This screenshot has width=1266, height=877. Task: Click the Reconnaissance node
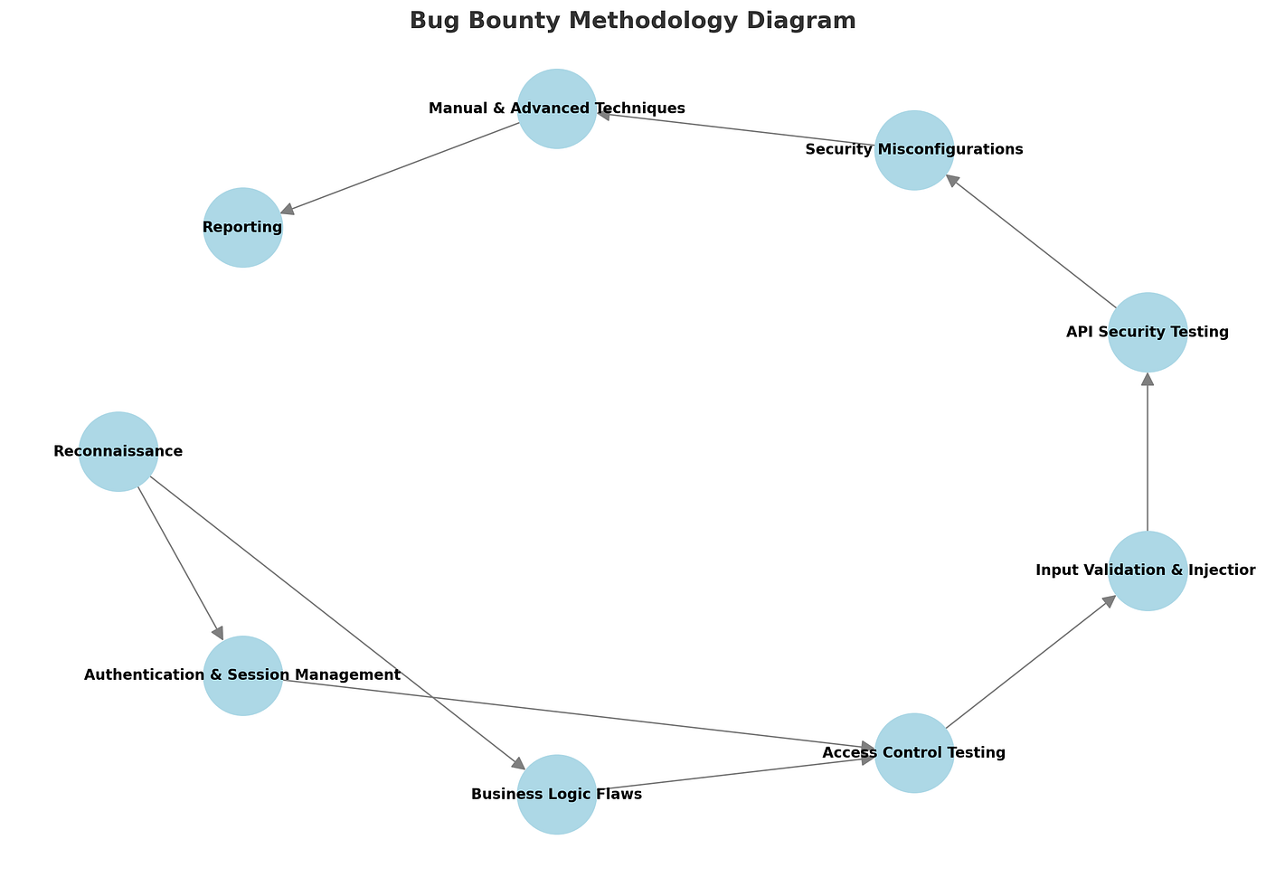pyautogui.click(x=118, y=451)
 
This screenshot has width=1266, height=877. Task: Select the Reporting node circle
pyautogui.click(x=242, y=227)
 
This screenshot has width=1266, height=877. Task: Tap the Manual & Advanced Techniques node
pyautogui.click(x=557, y=108)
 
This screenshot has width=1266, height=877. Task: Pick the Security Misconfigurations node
pyautogui.click(x=914, y=150)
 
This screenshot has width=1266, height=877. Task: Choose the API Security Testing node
pyautogui.click(x=1148, y=332)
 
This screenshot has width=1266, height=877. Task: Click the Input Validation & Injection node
pyautogui.click(x=1148, y=571)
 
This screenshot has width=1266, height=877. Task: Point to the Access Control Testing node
pyautogui.click(x=914, y=752)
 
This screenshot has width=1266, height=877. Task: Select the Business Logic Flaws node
pyautogui.click(x=557, y=794)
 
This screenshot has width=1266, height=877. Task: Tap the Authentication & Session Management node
pyautogui.click(x=242, y=675)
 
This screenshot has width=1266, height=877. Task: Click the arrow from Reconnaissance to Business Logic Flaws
pyautogui.click(x=337, y=623)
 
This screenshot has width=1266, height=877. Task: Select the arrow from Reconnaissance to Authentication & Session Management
pyautogui.click(x=181, y=563)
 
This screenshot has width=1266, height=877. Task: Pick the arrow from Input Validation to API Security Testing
pyautogui.click(x=1148, y=451)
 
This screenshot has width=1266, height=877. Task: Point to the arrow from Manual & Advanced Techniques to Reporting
pyautogui.click(x=400, y=168)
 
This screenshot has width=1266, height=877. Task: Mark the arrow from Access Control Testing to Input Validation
pyautogui.click(x=1031, y=662)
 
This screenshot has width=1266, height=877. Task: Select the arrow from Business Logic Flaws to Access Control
pyautogui.click(x=735, y=774)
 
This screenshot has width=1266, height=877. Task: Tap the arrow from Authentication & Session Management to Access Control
pyautogui.click(x=578, y=714)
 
